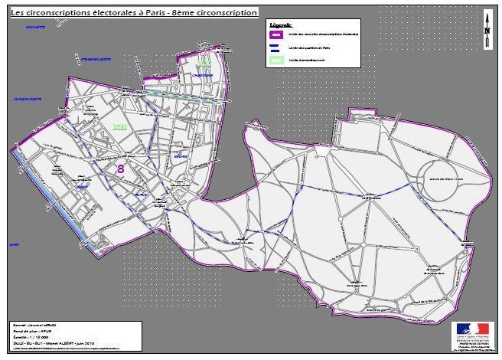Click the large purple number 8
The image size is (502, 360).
[120, 168]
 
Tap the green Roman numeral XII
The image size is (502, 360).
[119, 126]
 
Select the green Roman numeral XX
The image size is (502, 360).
[203, 62]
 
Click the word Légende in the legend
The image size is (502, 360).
[280, 25]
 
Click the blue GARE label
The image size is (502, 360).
[13, 244]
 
